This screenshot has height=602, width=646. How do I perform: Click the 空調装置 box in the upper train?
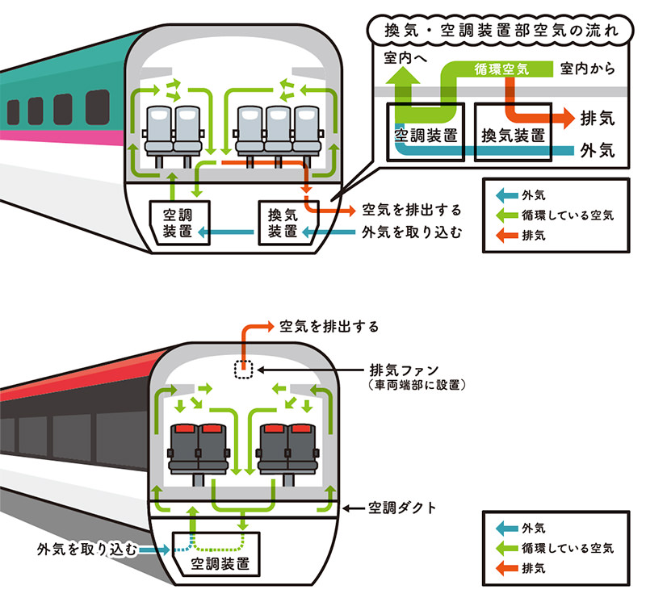[176, 224]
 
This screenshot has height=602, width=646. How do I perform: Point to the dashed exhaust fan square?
[243, 370]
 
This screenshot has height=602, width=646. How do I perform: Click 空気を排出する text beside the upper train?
[412, 210]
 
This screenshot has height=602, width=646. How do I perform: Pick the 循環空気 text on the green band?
[501, 70]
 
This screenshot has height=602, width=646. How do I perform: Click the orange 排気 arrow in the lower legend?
[505, 568]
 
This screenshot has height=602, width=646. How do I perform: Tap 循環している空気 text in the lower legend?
[568, 549]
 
